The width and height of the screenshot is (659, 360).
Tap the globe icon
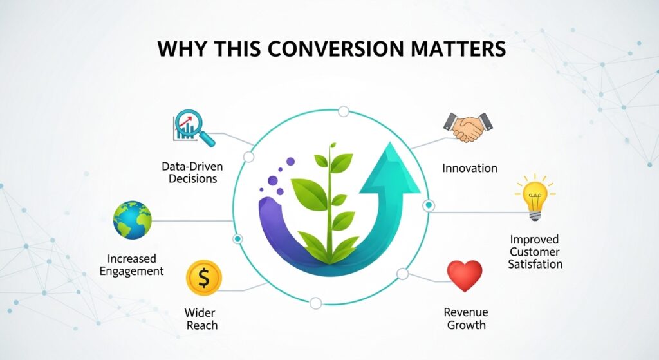pyautogui.click(x=132, y=220)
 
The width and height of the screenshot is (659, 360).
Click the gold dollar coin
pyautogui.click(x=203, y=278)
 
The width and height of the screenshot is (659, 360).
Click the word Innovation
pyautogui.click(x=470, y=168)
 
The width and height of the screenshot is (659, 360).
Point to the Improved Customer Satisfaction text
pyautogui.click(x=535, y=252)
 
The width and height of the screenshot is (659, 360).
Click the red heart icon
pyautogui.click(x=464, y=276)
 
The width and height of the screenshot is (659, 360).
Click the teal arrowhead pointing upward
pyautogui.click(x=389, y=170)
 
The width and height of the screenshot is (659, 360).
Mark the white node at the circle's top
pyautogui.click(x=344, y=111)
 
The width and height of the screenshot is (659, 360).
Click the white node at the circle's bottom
pyautogui.click(x=315, y=303)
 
